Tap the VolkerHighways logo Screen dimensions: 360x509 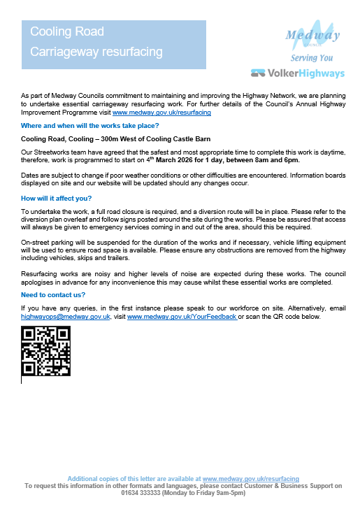pyautogui.click(x=297, y=73)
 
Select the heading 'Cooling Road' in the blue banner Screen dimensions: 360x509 pyautogui.click(x=67, y=32)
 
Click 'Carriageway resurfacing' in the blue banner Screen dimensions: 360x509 pyautogui.click(x=96, y=52)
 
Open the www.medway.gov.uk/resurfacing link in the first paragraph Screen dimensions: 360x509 pyautogui.click(x=161, y=112)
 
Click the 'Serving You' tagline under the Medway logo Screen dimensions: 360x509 pyautogui.click(x=312, y=57)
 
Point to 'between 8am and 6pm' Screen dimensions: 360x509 pyautogui.click(x=269, y=160)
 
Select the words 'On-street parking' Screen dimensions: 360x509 pyautogui.click(x=48, y=239)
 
